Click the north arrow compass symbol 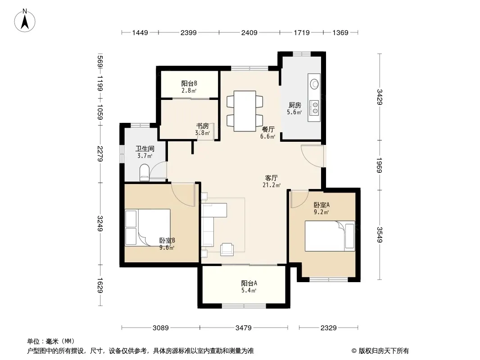click(25, 21)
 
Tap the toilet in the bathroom click(144, 172)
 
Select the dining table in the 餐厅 click(245, 111)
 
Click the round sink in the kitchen click(314, 84)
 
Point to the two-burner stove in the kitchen click(314, 108)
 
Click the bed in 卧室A click(330, 236)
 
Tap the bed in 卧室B click(148, 227)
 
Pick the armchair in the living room click(227, 249)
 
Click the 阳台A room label click(249, 283)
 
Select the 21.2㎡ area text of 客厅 click(272, 185)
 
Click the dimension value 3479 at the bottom click(243, 328)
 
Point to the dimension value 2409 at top click(249, 32)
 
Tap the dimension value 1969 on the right click(379, 165)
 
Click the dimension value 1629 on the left click(100, 285)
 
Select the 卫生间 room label click(145, 149)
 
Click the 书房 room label click(202, 126)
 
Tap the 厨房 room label click(295, 105)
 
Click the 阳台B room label click(189, 84)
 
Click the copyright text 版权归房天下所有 click(384, 351)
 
